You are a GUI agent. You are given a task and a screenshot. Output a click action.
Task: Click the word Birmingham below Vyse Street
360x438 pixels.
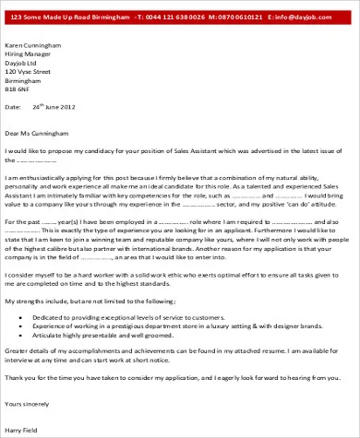(x=24, y=79)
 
